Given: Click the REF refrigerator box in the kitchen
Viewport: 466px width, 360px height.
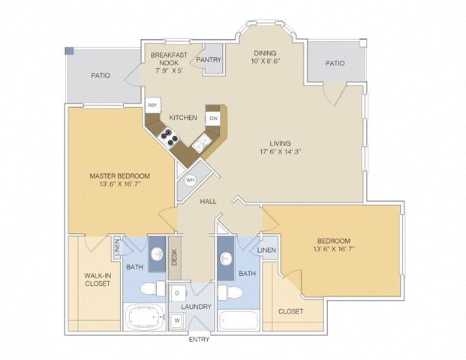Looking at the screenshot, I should tap(152, 106).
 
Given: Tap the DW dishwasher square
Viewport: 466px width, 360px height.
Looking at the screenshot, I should tap(214, 118).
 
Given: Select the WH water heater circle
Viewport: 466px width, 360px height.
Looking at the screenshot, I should tap(190, 180).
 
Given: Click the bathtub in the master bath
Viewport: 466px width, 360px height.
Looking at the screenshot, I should tap(146, 316).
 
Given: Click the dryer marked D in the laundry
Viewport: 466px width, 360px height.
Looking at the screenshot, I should tap(178, 292).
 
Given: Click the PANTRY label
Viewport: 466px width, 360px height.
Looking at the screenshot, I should tap(209, 59).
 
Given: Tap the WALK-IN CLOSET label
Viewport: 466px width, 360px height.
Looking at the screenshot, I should tap(98, 280).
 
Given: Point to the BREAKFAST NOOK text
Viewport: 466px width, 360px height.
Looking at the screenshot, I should tap(169, 59).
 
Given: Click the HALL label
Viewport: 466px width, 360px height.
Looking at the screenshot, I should tap(209, 201).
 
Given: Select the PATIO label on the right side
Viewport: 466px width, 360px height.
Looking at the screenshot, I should tap(335, 64).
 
